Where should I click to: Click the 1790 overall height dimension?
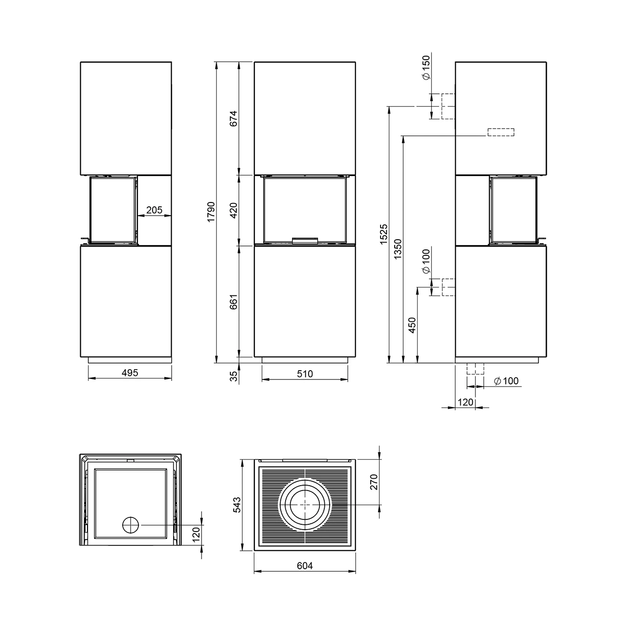click(x=211, y=212)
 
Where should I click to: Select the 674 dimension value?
click(x=233, y=118)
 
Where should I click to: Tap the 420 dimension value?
click(x=233, y=210)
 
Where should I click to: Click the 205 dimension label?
click(x=154, y=210)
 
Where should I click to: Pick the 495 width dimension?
click(x=130, y=373)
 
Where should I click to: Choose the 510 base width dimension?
click(x=305, y=374)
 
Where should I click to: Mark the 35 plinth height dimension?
click(x=233, y=376)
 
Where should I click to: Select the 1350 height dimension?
click(x=398, y=248)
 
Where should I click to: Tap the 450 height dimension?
click(x=412, y=325)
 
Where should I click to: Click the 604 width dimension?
click(x=304, y=566)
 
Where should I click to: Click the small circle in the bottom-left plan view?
click(x=130, y=525)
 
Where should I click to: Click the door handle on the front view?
click(x=305, y=240)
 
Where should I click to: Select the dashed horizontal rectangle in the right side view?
click(x=500, y=132)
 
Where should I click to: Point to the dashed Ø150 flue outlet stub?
click(x=448, y=107)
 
